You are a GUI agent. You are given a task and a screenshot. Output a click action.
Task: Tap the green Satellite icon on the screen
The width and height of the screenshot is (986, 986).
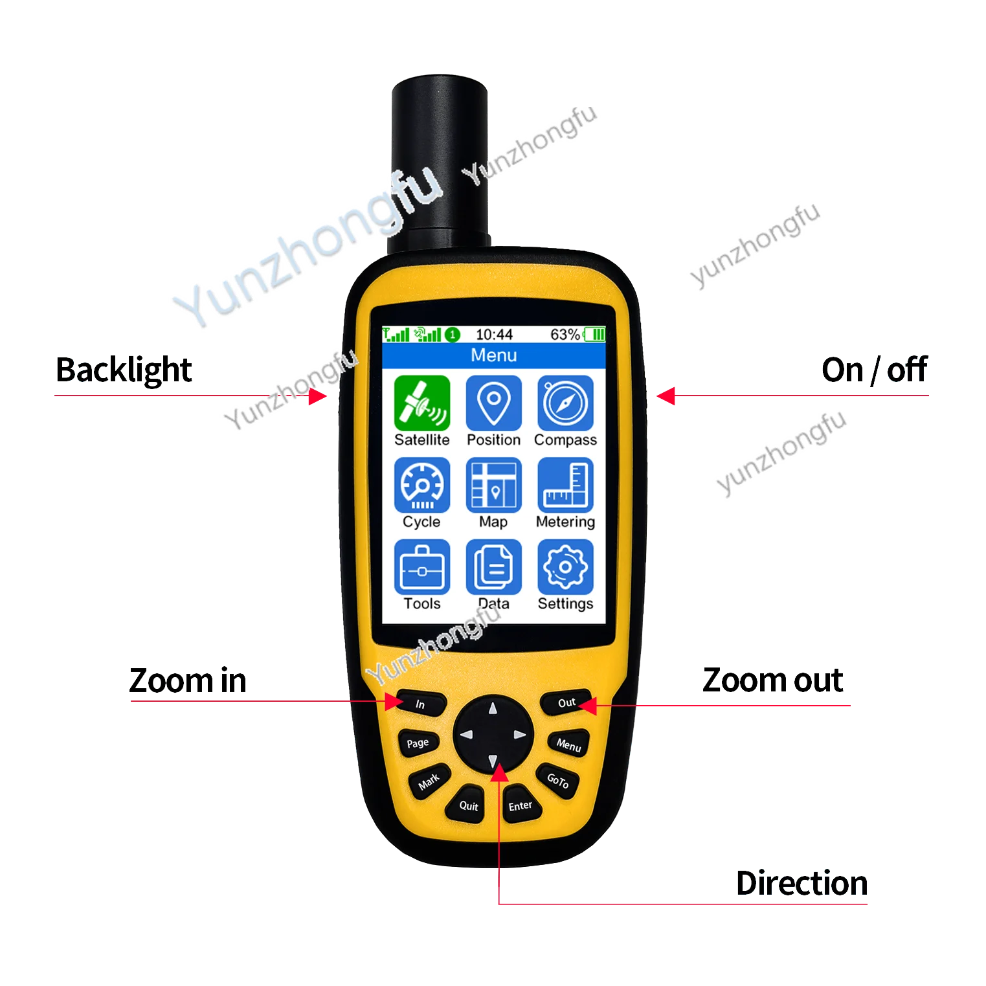coord(421,402)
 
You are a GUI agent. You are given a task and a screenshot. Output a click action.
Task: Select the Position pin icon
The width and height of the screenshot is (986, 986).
coord(493,402)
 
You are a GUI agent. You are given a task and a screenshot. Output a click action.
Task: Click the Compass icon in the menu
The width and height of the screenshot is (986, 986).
coord(565,402)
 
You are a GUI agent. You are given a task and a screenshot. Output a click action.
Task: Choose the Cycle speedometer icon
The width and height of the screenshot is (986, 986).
coord(421,485)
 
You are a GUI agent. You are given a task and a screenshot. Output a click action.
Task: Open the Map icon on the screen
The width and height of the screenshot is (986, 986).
coord(493,485)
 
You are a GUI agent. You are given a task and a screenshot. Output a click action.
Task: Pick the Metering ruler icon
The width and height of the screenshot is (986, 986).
coord(565,485)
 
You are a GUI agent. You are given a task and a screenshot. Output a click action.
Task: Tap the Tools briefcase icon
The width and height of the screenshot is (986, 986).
coord(421,566)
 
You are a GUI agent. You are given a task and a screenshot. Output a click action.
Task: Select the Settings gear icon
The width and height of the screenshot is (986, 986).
coord(565,566)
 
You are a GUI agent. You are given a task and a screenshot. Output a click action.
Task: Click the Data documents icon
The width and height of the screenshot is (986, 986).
coord(493,566)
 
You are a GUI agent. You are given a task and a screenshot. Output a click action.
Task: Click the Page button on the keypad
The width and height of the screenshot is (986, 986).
coord(418,743)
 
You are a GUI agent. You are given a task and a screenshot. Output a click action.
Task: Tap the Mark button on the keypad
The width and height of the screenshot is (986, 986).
coord(429,782)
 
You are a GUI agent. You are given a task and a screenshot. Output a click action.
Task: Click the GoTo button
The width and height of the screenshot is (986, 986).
coord(557,780)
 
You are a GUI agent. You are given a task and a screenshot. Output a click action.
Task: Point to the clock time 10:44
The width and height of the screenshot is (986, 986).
coord(494,335)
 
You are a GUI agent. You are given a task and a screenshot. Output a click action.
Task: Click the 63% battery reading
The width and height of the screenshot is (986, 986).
coord(565,335)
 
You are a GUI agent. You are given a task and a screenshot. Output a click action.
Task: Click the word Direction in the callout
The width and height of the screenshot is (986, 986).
coord(801,884)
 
